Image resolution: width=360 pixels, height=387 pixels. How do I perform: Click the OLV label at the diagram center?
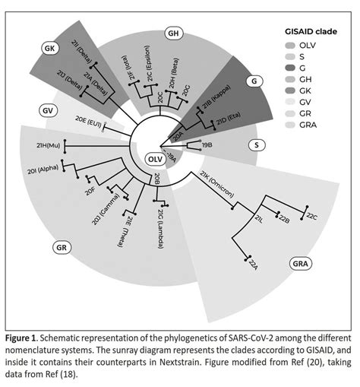154,159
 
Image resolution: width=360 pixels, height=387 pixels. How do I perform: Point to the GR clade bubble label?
65,248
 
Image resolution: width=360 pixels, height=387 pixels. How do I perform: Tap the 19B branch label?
207,144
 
